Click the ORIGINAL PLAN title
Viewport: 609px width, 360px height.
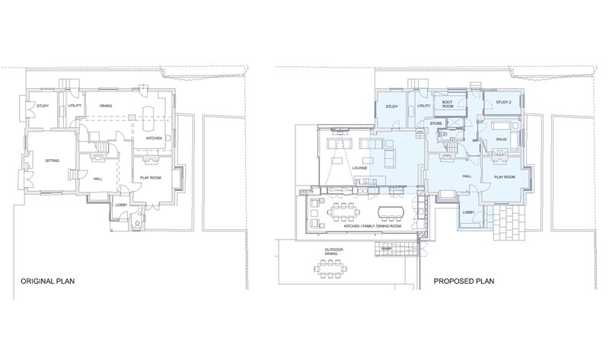(47, 281)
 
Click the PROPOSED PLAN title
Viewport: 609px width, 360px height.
(464, 281)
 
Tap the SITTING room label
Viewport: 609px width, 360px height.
(53, 161)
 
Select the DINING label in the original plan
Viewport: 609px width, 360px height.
(106, 106)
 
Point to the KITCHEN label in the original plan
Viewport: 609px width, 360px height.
(154, 139)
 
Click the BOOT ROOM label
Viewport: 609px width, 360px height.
(448, 104)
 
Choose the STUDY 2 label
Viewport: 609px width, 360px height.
(503, 103)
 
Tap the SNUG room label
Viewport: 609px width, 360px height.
(501, 139)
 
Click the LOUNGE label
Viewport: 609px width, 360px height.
(359, 168)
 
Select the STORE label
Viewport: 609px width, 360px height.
(435, 123)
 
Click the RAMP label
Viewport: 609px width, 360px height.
(386, 249)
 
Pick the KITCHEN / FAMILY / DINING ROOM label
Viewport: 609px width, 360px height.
(372, 226)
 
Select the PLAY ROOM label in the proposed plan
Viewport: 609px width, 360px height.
(505, 177)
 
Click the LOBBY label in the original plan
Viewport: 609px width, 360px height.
(121, 205)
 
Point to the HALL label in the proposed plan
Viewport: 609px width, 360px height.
(467, 177)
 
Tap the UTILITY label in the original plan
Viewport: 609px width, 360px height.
(75, 106)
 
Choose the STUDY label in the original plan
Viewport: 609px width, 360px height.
(43, 106)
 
